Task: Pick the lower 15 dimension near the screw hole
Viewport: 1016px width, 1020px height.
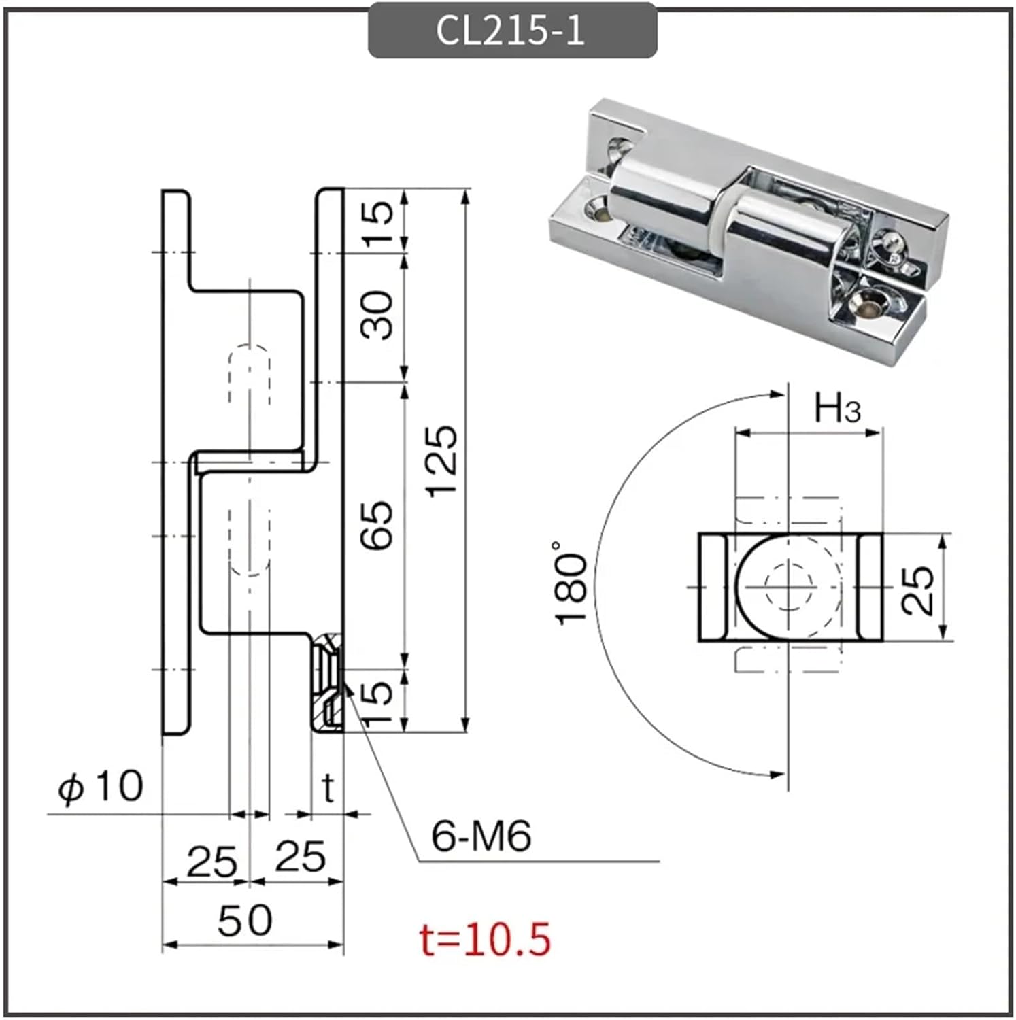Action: coord(380,702)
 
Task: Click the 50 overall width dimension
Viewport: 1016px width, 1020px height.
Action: coord(245,920)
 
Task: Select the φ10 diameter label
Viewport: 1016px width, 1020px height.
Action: coord(101,787)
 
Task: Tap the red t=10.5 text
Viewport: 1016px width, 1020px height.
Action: coord(484,939)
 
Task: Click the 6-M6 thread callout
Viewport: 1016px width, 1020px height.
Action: coord(481,836)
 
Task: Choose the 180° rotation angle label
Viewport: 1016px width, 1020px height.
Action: coord(572,583)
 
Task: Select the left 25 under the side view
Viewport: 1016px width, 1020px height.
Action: coord(212,861)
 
